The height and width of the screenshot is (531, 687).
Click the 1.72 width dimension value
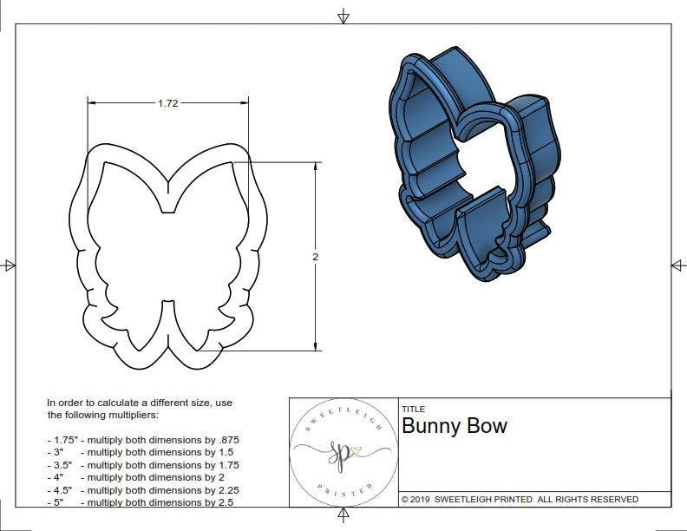[168, 103]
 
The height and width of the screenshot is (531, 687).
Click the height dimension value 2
[315, 257]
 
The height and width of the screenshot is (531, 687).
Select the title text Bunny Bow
[454, 426]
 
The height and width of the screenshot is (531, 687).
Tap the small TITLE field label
[413, 409]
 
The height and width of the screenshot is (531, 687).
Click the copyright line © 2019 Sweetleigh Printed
[520, 499]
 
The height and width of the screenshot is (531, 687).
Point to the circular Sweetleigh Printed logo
[341, 453]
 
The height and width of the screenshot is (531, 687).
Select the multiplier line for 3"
[142, 452]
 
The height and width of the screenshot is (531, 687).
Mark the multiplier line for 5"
[142, 501]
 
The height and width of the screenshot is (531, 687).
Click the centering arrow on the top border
[343, 16]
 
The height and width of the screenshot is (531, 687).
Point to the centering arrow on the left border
[10, 265]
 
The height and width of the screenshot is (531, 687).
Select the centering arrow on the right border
[677, 265]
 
